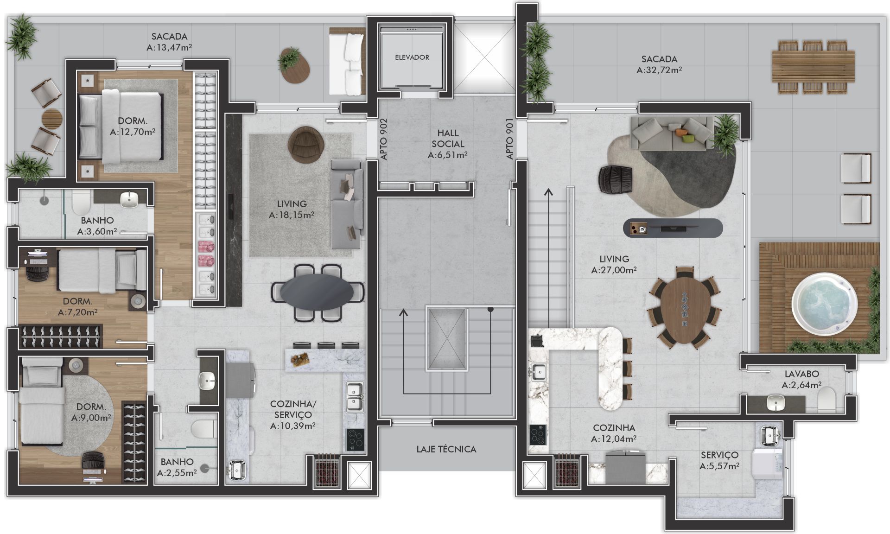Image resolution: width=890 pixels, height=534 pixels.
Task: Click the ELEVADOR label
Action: tap(412, 57)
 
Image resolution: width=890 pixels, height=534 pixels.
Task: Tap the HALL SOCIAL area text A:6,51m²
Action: tap(447, 155)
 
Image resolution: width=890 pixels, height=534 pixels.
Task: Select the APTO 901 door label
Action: tap(510, 139)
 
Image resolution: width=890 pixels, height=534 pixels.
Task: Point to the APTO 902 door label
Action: tap(383, 139)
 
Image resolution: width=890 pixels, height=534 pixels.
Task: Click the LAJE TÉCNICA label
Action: tap(446, 449)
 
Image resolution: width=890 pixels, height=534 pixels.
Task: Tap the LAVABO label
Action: tap(801, 374)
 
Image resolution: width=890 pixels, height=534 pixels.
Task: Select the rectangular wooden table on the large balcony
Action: tap(813, 66)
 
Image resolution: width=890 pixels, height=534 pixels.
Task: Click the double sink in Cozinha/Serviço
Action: tap(355, 397)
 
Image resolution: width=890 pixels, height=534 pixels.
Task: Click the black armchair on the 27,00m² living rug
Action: tap(616, 178)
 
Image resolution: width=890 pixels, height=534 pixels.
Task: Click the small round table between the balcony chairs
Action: tap(51, 118)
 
